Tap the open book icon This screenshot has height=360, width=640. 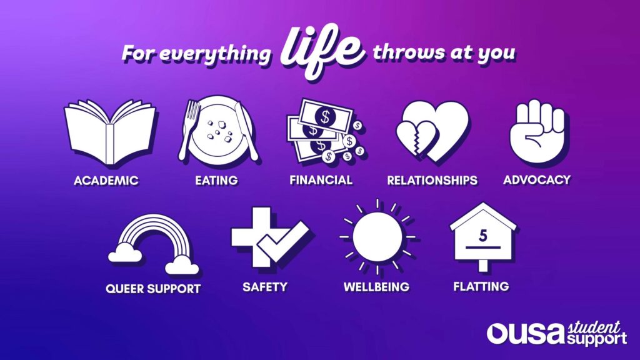click(x=109, y=132)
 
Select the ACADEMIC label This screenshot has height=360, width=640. click(x=106, y=181)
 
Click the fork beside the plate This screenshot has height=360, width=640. click(x=188, y=130)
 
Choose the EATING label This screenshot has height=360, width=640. click(x=216, y=181)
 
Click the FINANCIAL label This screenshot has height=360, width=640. click(x=321, y=180)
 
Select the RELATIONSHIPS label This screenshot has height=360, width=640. click(x=432, y=181)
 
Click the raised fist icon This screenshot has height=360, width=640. click(x=537, y=131)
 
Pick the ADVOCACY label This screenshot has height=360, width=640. click(x=537, y=180)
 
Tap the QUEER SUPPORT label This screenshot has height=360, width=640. click(x=153, y=289)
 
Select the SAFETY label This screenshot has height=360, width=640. click(x=265, y=287)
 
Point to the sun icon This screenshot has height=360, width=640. click(x=377, y=237)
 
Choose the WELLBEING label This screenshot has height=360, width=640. click(x=376, y=287)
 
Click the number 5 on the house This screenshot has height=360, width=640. click(x=483, y=236)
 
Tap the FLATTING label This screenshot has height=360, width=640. click(x=481, y=286)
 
